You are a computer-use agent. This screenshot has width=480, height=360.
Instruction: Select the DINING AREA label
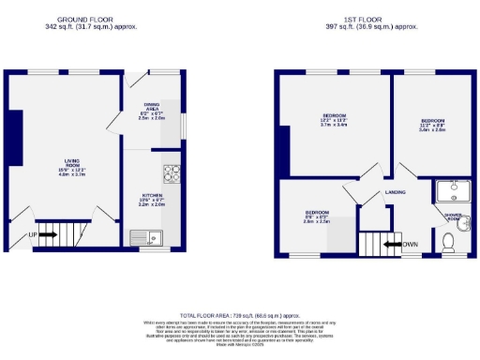click(151, 110)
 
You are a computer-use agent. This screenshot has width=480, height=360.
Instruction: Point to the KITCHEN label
click(151, 200)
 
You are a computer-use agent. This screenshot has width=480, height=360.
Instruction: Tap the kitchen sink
click(148, 237)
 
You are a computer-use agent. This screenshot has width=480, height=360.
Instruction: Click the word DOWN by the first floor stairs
click(411, 246)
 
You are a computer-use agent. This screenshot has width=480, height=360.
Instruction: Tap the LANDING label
click(395, 192)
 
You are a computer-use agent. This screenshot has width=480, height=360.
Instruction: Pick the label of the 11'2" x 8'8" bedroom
click(432, 126)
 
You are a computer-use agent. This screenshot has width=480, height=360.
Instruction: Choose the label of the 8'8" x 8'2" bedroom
click(316, 217)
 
